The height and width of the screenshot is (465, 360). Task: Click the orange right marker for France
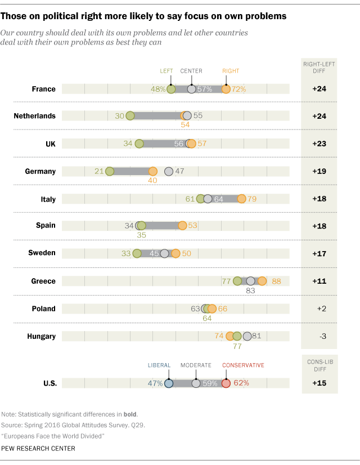[226, 89]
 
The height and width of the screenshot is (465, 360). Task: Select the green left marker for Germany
[110, 171]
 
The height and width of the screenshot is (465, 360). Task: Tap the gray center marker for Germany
[168, 171]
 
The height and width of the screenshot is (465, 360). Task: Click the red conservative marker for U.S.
[226, 383]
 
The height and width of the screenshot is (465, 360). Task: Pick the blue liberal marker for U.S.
[169, 383]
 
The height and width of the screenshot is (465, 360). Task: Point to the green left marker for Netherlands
[130, 116]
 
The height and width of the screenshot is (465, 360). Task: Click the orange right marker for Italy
[241, 199]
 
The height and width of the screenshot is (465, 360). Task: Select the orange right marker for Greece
[262, 281]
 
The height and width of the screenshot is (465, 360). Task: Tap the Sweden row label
[42, 253]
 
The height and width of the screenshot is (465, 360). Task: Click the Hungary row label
[41, 336]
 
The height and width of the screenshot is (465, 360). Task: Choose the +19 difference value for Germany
[319, 171]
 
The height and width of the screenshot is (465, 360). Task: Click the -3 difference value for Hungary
[319, 336]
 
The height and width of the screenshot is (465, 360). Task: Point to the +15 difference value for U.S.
[319, 383]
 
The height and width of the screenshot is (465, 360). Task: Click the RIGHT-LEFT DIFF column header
[319, 68]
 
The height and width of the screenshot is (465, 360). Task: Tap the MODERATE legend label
[196, 365]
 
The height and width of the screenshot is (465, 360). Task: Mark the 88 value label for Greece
[276, 281]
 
